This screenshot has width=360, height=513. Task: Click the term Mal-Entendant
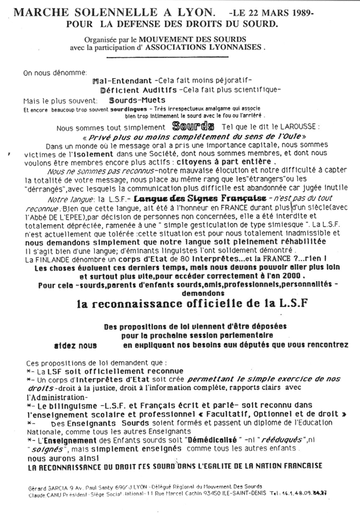click(x=122, y=81)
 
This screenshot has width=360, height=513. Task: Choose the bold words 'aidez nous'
click(x=75, y=345)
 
